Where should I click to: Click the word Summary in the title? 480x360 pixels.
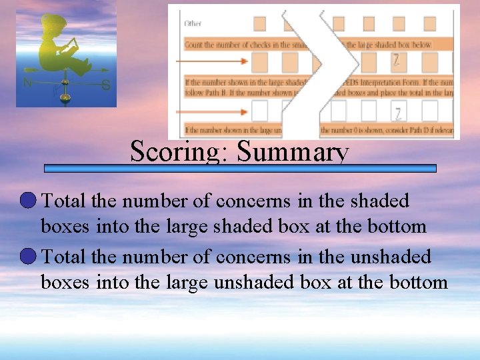293,152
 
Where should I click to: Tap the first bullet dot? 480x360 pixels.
29,200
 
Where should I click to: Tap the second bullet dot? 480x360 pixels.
29,256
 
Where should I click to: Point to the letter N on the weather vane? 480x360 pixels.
27,83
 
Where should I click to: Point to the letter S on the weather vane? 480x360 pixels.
105,85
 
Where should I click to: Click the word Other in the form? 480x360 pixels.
193,23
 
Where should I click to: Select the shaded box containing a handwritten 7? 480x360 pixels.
396,62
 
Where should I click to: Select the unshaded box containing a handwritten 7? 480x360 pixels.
397,111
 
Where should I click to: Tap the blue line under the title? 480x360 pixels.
240,169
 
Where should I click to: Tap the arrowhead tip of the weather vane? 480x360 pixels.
107,71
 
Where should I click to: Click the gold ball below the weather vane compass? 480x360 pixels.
65,97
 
